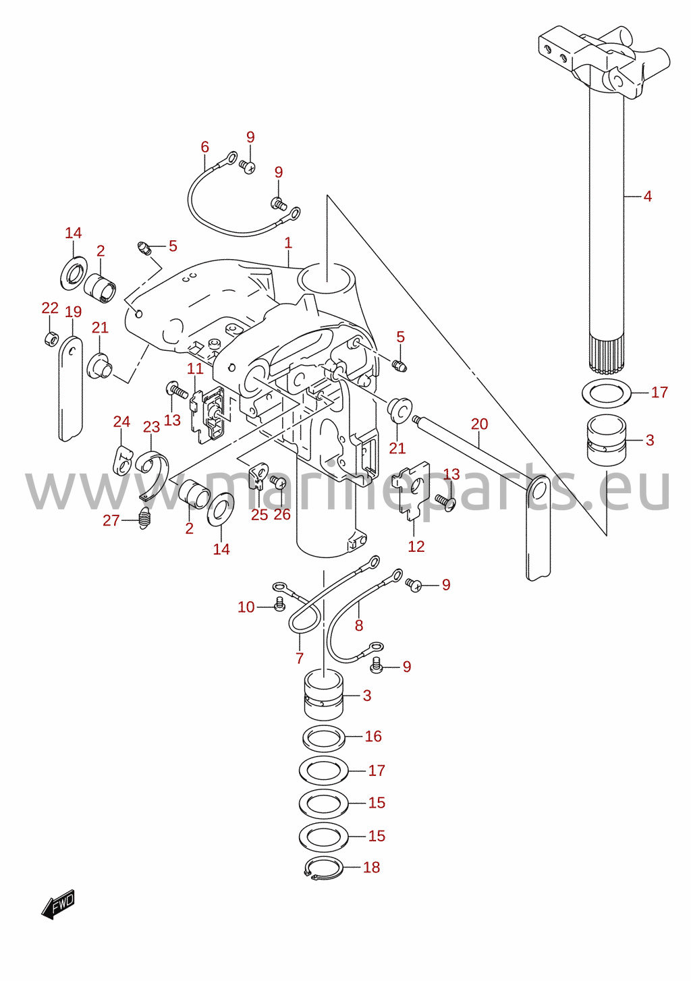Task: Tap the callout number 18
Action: (371, 867)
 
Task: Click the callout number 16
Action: (373, 735)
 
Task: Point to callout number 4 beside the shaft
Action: (648, 196)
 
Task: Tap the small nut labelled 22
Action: (49, 339)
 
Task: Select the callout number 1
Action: (287, 243)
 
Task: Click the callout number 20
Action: (480, 424)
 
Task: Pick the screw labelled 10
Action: (279, 605)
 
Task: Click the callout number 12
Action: (416, 546)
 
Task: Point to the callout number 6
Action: (205, 146)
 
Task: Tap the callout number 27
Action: (111, 520)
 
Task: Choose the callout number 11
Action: (195, 368)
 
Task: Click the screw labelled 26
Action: (277, 482)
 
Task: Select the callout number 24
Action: (121, 421)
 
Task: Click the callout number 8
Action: (359, 625)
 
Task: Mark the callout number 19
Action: (73, 312)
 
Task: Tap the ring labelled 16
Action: (324, 737)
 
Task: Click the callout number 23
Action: (152, 426)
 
